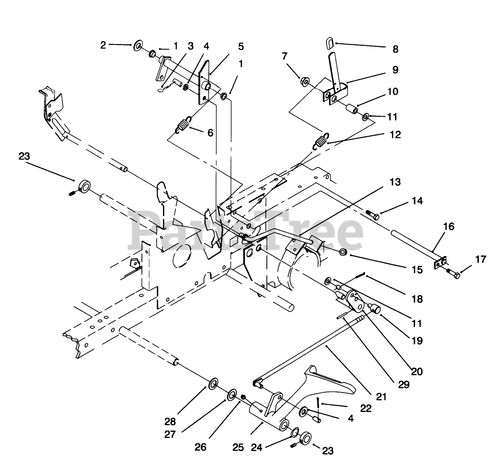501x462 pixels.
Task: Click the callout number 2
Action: click(x=103, y=45)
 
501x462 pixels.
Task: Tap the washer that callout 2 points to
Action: click(x=137, y=45)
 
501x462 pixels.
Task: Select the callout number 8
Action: click(x=395, y=49)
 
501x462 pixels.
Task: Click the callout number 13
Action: click(x=395, y=182)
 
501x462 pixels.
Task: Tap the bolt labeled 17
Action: click(x=454, y=274)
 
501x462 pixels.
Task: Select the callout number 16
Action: click(x=448, y=227)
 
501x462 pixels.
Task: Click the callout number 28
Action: click(x=170, y=421)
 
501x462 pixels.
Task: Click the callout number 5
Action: click(x=241, y=47)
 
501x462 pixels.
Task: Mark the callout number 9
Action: click(x=395, y=70)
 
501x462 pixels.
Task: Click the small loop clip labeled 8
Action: click(x=330, y=43)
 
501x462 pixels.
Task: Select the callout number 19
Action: click(x=417, y=341)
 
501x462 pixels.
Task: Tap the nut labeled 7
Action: click(x=304, y=82)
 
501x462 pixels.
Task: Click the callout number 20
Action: click(x=417, y=371)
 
